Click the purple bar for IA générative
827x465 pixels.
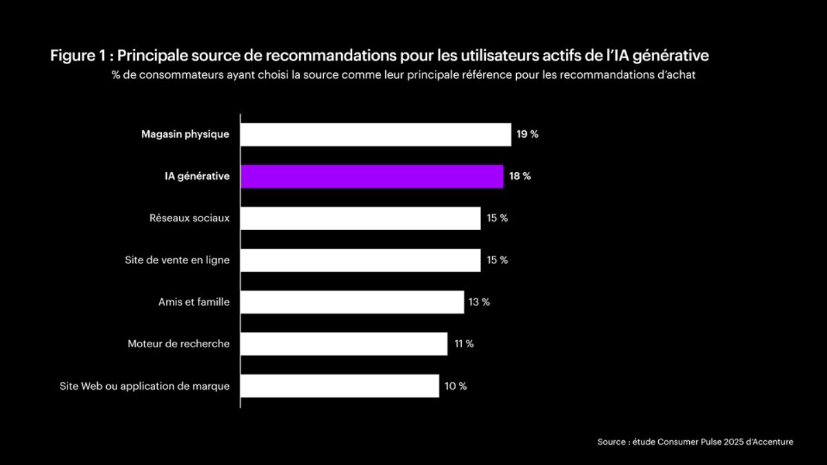[x=371, y=176]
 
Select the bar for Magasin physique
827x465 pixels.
[x=376, y=134]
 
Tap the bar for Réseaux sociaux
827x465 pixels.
[x=360, y=218]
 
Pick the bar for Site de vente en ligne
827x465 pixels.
[x=360, y=260]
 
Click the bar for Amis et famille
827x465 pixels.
[x=352, y=302]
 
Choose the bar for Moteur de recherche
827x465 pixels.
[x=344, y=344]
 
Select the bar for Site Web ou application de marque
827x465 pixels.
[x=340, y=386]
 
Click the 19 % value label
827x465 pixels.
[x=527, y=134]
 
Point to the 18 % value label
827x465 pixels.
[x=520, y=176]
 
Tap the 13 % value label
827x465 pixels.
[x=478, y=302]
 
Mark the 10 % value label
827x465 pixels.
[x=455, y=386]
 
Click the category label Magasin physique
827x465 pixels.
[x=185, y=134]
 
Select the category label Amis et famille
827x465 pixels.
[x=194, y=302]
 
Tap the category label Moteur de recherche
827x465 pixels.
[x=178, y=344]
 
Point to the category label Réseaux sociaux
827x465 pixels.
[x=190, y=218]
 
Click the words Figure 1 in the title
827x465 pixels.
[x=76, y=56]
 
